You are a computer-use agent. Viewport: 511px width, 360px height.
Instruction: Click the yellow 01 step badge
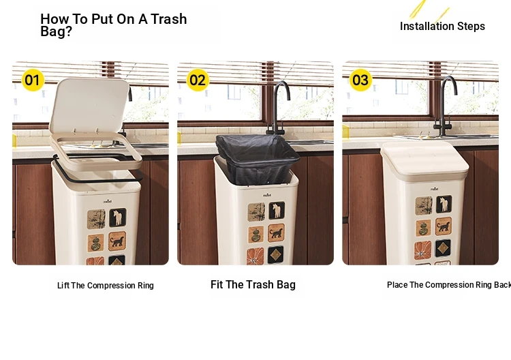tap(33, 80)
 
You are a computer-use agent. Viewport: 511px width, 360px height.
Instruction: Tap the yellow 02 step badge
tap(198, 80)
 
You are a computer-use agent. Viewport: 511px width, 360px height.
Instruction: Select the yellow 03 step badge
tap(360, 80)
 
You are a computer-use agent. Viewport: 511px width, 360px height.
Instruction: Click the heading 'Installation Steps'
tap(442, 26)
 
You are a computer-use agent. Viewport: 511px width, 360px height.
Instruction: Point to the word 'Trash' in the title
tap(168, 19)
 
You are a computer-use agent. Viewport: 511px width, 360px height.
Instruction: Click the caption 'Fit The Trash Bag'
tap(253, 285)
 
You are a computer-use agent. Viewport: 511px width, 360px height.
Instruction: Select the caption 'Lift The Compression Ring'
tap(105, 285)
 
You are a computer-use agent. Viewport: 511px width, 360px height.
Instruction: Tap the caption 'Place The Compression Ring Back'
tap(449, 285)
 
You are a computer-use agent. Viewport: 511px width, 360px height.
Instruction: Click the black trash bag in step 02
tap(258, 158)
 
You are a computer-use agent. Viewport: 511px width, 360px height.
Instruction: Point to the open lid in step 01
tap(89, 105)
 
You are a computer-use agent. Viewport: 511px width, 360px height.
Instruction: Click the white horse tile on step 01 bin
tap(118, 217)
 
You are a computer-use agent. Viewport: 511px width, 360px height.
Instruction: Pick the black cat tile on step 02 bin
tap(277, 232)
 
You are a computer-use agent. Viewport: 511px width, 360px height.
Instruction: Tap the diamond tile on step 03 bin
tap(443, 248)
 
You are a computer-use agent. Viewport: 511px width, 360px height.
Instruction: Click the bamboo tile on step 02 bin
tap(256, 212)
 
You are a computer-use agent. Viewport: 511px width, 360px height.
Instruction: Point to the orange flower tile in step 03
tap(422, 250)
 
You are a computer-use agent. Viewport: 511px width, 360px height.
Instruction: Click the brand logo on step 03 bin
tap(435, 189)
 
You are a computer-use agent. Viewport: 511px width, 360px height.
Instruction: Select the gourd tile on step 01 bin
tap(95, 243)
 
